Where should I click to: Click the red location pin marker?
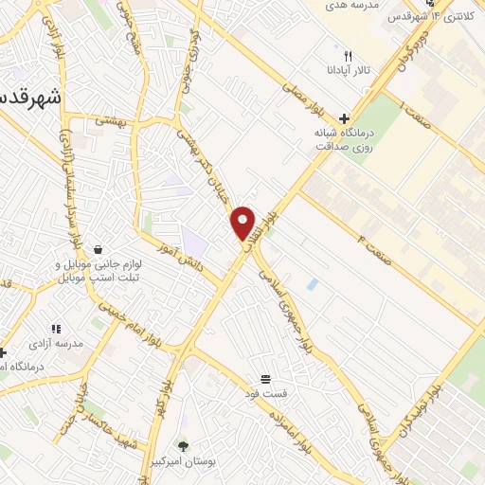click(243, 224)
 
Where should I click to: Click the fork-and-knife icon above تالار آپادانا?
click(349, 56)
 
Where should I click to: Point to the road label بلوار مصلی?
click(302, 97)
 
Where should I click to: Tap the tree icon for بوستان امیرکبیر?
click(183, 444)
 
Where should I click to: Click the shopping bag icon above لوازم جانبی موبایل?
click(99, 224)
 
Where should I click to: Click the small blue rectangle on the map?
click(312, 283)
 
